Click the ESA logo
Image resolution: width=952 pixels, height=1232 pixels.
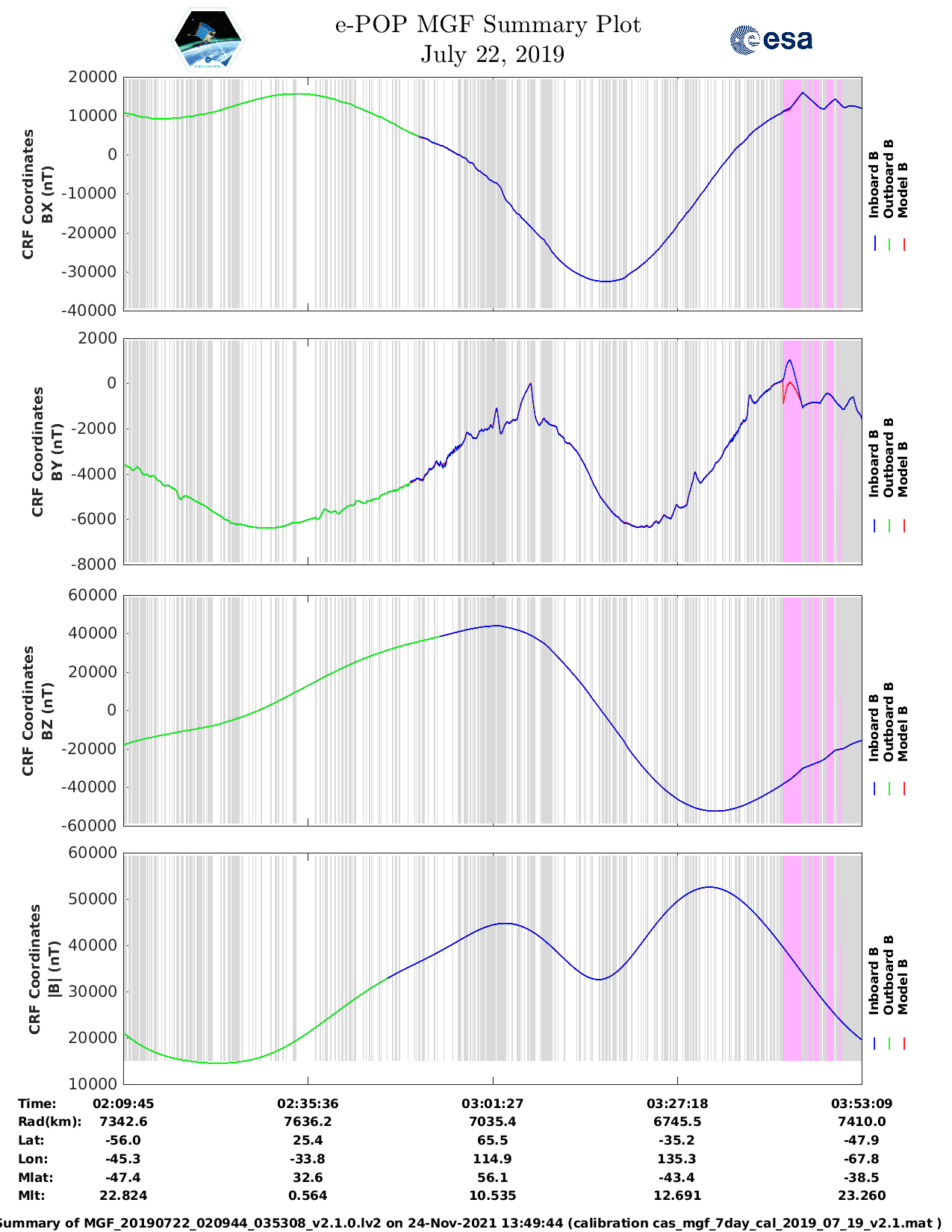pyautogui.click(x=771, y=40)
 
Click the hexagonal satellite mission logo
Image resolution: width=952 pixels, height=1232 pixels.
pyautogui.click(x=208, y=40)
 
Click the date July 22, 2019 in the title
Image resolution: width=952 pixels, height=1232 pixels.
pyautogui.click(x=492, y=55)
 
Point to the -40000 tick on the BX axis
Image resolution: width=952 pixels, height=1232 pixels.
pyautogui.click(x=92, y=310)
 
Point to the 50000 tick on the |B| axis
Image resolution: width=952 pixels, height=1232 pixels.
pyautogui.click(x=92, y=899)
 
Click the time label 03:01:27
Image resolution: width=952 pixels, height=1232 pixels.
pyautogui.click(x=492, y=1104)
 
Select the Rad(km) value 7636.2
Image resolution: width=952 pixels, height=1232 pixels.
pyautogui.click(x=308, y=1121)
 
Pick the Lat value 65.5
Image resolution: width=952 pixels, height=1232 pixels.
pyautogui.click(x=492, y=1140)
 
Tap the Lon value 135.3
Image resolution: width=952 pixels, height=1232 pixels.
pyautogui.click(x=677, y=1159)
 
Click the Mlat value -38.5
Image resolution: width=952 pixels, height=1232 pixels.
pyautogui.click(x=862, y=1177)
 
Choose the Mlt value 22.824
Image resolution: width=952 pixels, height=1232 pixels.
pyautogui.click(x=123, y=1196)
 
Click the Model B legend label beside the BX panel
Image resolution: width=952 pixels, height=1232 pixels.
pyautogui.click(x=903, y=190)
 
